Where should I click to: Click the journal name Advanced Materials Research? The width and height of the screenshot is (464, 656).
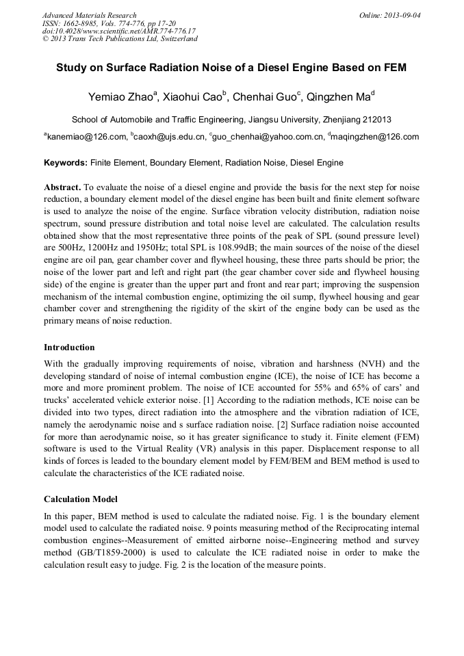point(90,15)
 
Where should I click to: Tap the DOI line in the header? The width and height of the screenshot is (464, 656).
point(119,31)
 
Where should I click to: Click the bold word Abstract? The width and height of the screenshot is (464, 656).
point(62,187)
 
